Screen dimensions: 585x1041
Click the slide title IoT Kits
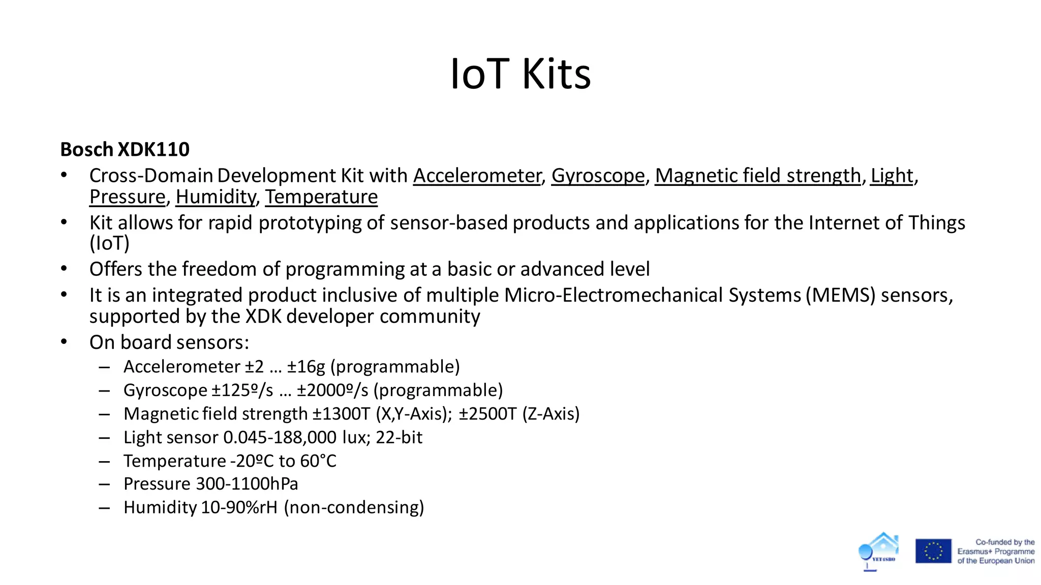[x=520, y=74]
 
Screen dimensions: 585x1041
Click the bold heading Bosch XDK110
[x=125, y=149]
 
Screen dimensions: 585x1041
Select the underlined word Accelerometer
[x=477, y=176]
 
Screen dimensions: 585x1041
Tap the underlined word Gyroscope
[x=598, y=176]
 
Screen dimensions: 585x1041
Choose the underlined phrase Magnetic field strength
[x=757, y=176]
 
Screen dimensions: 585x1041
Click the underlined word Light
[x=892, y=176]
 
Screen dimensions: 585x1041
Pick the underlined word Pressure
[x=128, y=197]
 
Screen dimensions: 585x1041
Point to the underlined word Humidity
[x=216, y=197]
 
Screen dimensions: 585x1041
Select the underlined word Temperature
[x=321, y=197]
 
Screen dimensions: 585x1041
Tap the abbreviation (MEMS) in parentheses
[x=840, y=296]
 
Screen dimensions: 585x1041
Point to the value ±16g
[x=306, y=367]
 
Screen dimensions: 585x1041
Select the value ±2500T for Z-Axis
[x=487, y=414]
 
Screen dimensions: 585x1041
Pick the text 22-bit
[x=399, y=437]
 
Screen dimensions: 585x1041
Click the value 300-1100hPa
[x=247, y=484]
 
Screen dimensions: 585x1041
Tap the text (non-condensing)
[x=354, y=507]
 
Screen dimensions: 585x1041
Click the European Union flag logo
[x=933, y=551]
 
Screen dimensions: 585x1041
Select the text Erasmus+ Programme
[x=996, y=551]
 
